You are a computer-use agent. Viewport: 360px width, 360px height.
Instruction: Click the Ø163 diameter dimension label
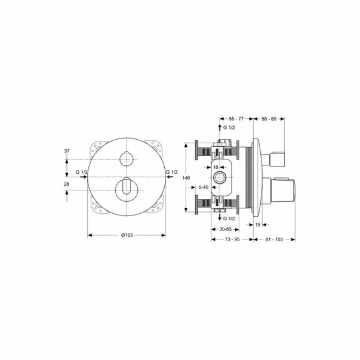126,235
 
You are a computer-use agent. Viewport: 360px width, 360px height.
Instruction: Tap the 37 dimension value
67,152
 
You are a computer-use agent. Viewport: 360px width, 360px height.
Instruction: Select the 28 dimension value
67,185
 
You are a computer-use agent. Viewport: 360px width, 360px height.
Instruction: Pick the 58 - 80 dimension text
270,119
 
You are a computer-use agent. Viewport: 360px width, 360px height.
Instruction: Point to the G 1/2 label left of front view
81,173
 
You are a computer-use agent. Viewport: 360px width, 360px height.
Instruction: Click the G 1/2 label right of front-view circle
171,173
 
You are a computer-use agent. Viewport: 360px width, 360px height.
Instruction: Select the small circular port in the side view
222,177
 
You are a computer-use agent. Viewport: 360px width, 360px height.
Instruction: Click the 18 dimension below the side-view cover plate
258,224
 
